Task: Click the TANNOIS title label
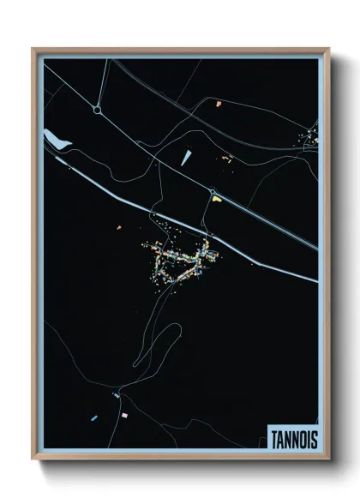click(x=293, y=438)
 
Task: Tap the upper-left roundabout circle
click(x=98, y=110)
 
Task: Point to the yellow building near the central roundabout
click(x=217, y=199)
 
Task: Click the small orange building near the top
click(x=219, y=103)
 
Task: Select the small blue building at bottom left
click(x=93, y=418)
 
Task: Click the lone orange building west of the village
click(x=119, y=227)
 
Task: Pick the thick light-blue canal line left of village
click(x=94, y=181)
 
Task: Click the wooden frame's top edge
click(x=180, y=51)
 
